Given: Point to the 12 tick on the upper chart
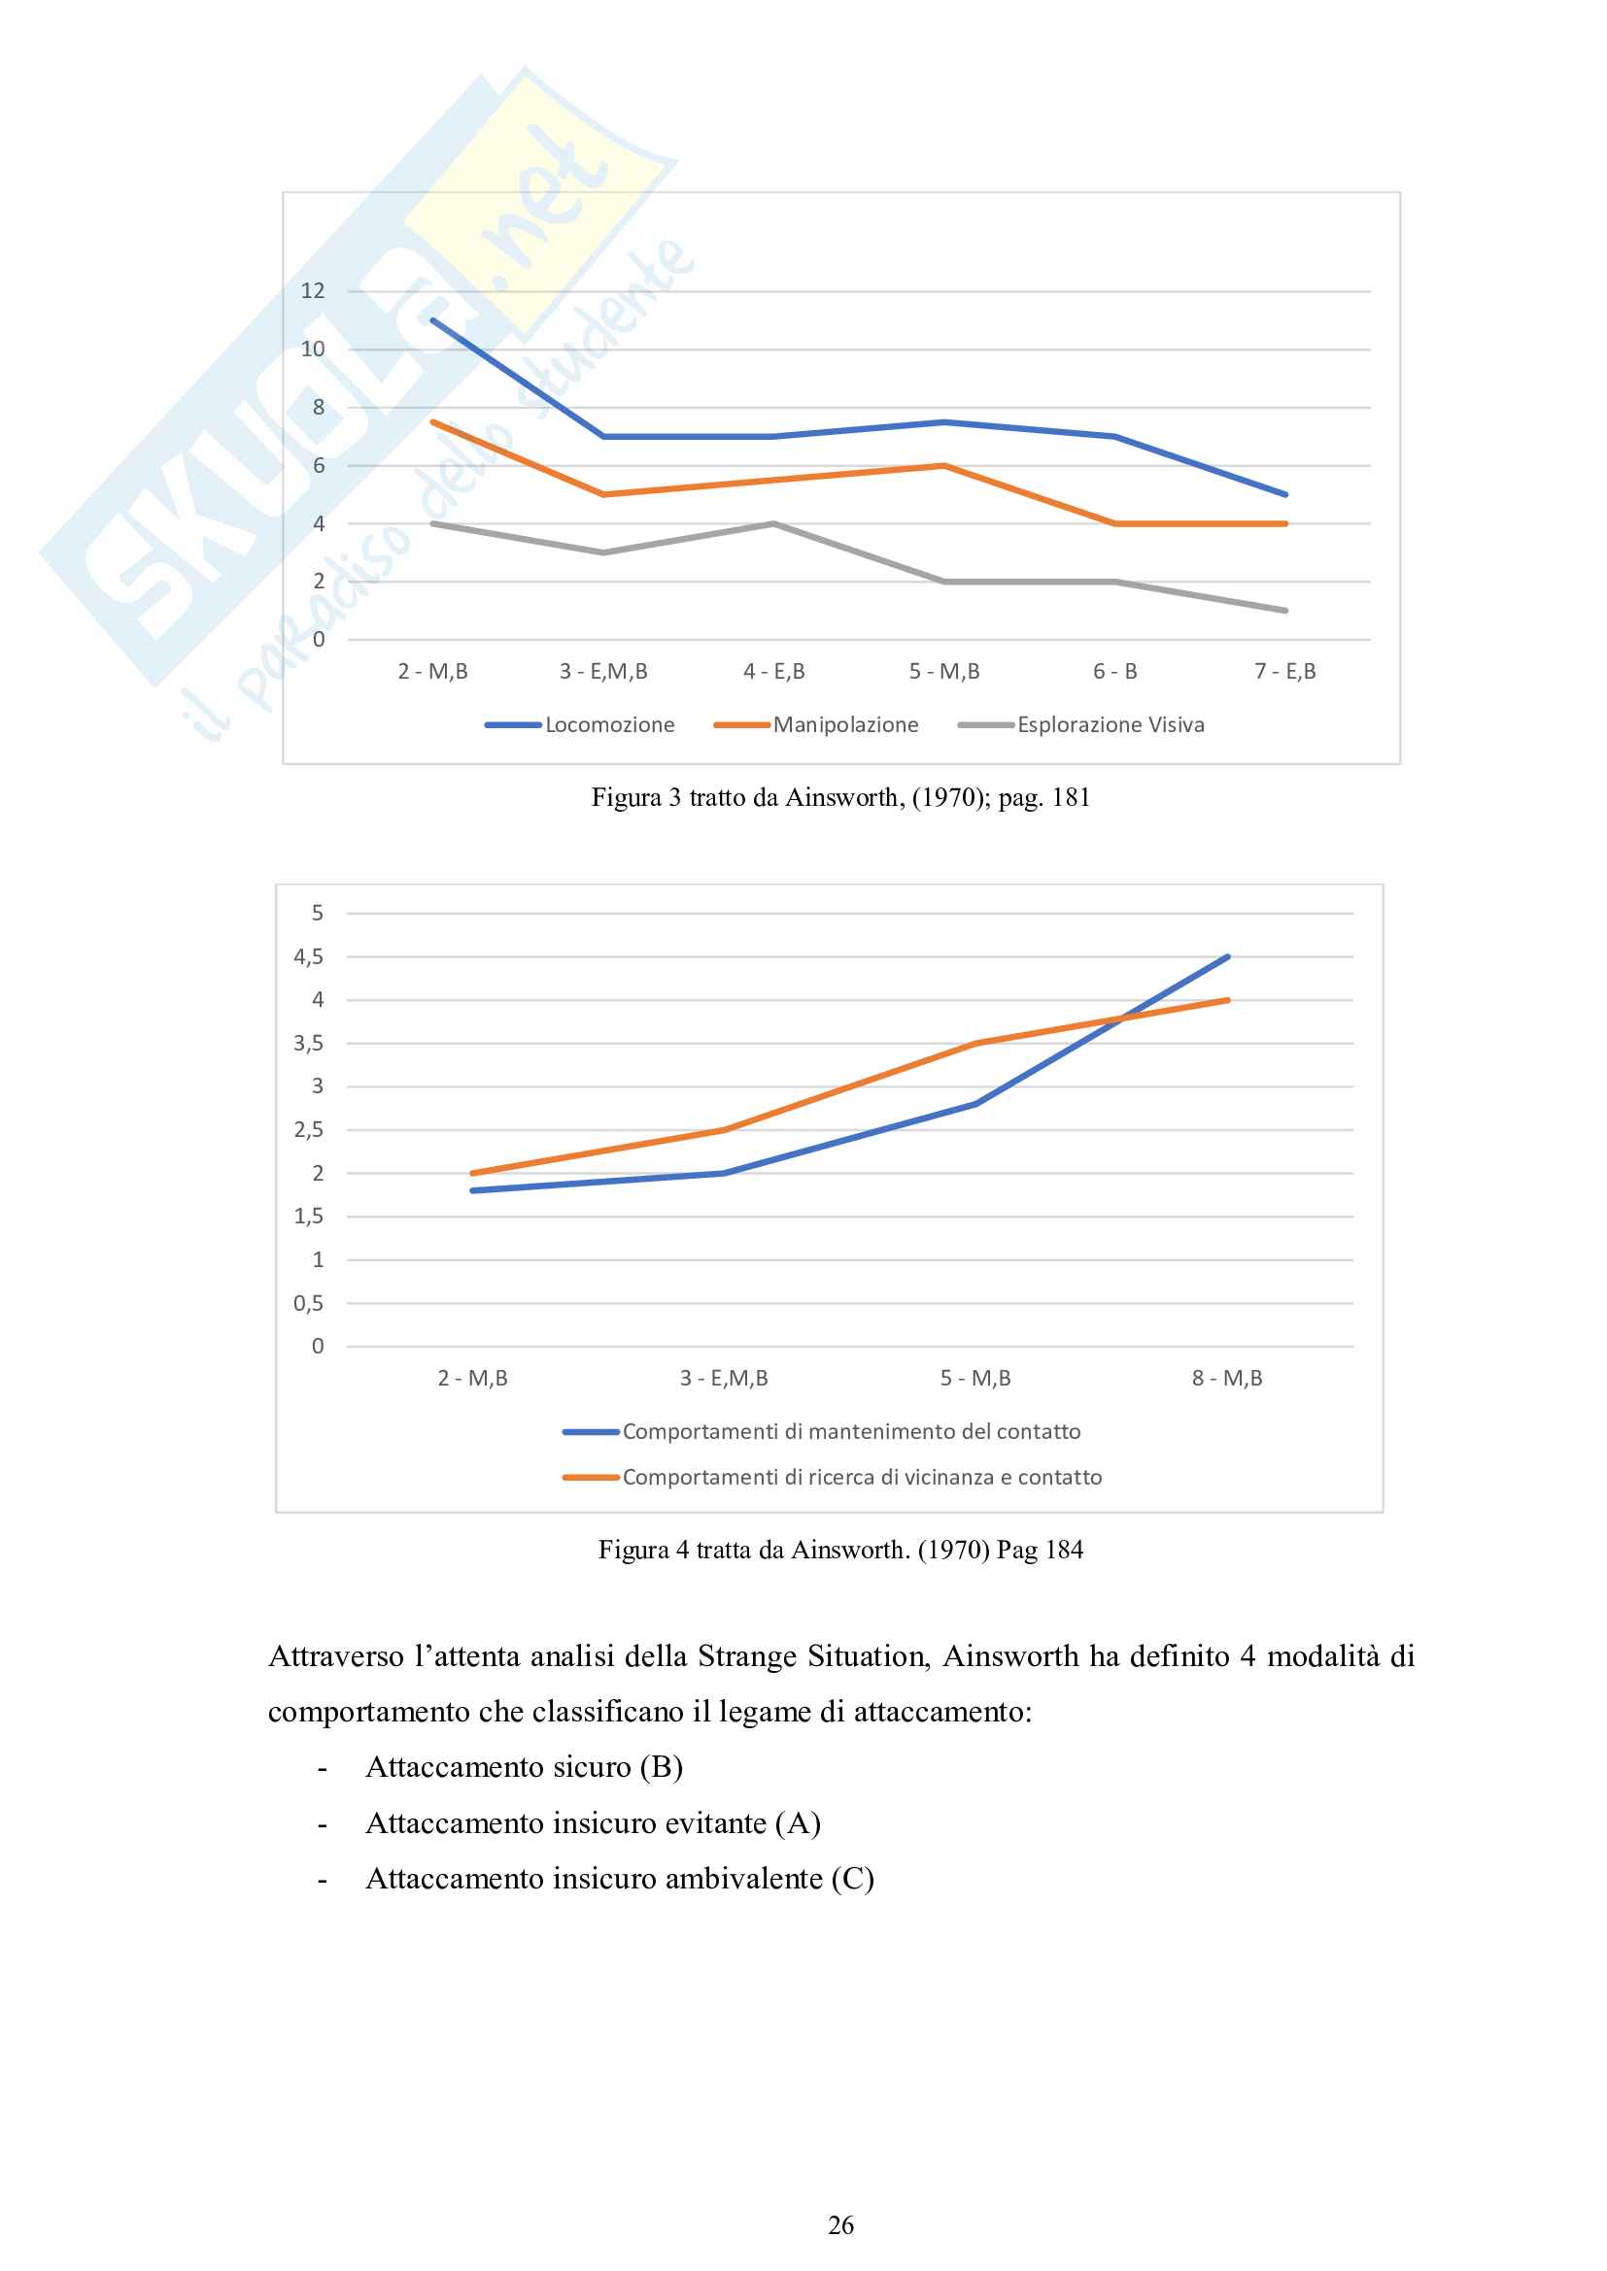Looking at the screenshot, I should (x=313, y=291).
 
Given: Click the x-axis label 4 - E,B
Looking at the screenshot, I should (x=773, y=672).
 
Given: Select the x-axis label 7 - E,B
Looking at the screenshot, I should (x=1284, y=672).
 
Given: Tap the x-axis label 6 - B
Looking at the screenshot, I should (x=1114, y=672).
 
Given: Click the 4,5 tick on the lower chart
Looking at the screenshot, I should (x=309, y=956).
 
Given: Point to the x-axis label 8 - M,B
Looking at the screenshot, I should (x=1227, y=1378).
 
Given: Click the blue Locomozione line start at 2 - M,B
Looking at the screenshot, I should (x=433, y=320).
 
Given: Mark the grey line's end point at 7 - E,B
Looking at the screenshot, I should (x=1284, y=611).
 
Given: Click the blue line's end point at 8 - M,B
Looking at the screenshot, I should (x=1227, y=956).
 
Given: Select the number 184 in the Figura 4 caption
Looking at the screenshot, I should (x=1065, y=1550).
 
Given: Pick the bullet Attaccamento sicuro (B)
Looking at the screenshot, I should (x=525, y=1767).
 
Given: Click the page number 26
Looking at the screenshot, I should (x=840, y=2224).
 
